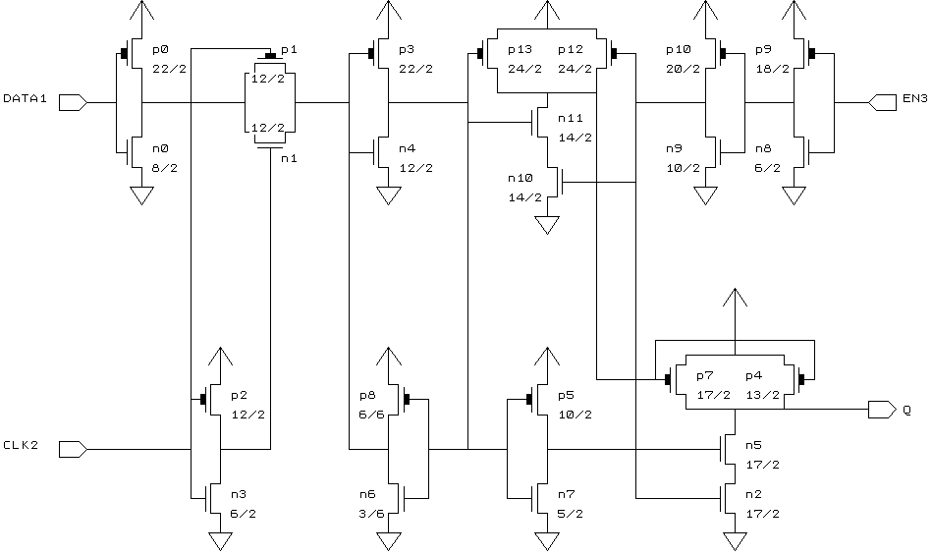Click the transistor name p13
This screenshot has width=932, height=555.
click(520, 49)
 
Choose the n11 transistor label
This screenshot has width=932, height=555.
click(570, 118)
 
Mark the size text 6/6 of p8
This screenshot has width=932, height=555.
click(370, 415)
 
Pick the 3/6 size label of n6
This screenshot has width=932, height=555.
click(370, 513)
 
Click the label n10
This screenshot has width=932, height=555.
click(520, 179)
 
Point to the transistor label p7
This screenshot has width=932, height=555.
click(704, 375)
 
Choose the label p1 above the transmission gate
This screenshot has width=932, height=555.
click(288, 49)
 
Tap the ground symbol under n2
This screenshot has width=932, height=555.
click(732, 541)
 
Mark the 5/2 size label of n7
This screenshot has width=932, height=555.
click(570, 513)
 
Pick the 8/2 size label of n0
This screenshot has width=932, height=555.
click(165, 167)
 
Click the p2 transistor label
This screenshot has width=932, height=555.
click(239, 395)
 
